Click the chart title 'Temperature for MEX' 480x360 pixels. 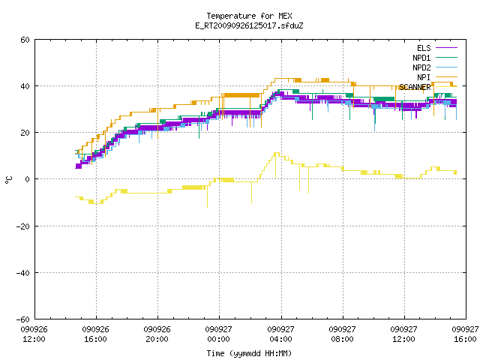click(x=249, y=16)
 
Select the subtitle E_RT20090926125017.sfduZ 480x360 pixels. click(x=249, y=25)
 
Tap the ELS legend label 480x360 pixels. click(x=424, y=48)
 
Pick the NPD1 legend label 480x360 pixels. click(x=421, y=58)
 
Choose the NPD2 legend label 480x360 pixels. click(x=421, y=67)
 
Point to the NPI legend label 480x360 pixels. click(x=424, y=77)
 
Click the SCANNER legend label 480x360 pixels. click(x=415, y=87)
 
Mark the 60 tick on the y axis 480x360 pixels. click(x=25, y=40)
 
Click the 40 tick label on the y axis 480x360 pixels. click(x=25, y=86)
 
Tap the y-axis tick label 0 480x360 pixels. click(x=28, y=179)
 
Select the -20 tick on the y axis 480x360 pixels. click(x=23, y=226)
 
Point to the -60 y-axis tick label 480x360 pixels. click(x=23, y=319)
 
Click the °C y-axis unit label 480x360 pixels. click(x=8, y=180)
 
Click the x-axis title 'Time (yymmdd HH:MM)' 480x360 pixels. click(x=249, y=353)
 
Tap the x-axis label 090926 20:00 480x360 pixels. click(x=157, y=334)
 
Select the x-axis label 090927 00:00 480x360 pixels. click(x=218, y=334)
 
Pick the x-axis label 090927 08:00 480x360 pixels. click(x=342, y=334)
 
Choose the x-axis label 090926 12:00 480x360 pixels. click(x=34, y=334)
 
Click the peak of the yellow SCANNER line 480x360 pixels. click(x=277, y=153)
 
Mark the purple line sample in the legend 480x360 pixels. click(x=446, y=48)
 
